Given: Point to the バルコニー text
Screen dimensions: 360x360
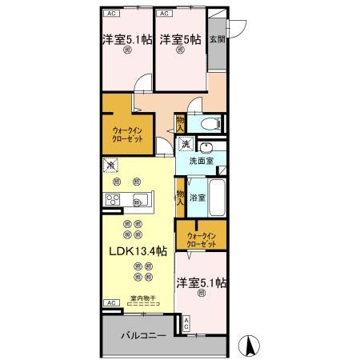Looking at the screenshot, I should click(143, 335).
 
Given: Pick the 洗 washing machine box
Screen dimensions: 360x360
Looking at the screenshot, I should click(186, 145).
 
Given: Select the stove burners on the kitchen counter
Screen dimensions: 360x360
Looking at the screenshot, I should click(110, 199).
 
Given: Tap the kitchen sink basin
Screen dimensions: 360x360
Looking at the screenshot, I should click(140, 199).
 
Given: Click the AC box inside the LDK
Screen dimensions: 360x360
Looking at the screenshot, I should click(109, 304).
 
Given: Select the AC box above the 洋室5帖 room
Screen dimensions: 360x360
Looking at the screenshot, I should click(163, 14).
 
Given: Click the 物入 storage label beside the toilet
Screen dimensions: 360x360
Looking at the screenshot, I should click(181, 123).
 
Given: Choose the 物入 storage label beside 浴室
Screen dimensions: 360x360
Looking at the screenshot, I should click(181, 198).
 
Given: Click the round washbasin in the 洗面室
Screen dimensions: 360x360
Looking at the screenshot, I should click(206, 147).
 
